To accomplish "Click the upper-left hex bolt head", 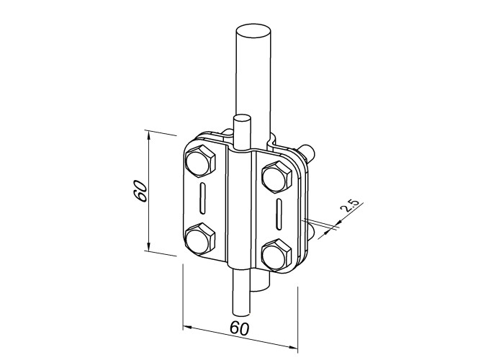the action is pos(199,161).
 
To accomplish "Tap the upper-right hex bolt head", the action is pos(277,177).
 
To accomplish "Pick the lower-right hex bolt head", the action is pos(277,255).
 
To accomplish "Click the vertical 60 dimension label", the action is pos(140,192).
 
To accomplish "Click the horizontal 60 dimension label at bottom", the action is pos(240,328).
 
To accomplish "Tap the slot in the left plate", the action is pos(202,198).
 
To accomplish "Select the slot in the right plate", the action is pos(279,215).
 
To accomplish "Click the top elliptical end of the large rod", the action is pos(253,33).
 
